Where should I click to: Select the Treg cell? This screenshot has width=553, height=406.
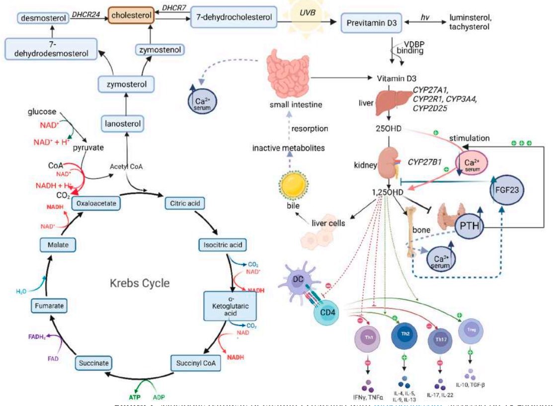pos(470,330)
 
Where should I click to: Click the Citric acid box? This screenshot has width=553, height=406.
pos(184,203)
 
